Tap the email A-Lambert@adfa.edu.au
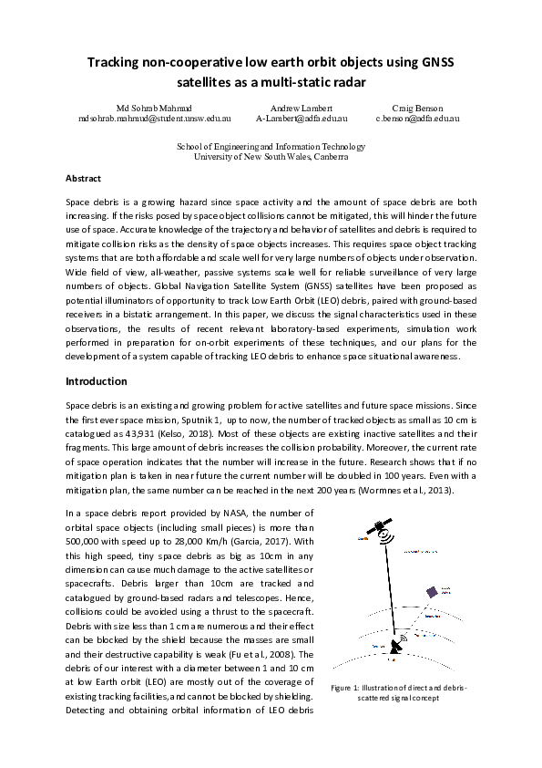click(x=302, y=119)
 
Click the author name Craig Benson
click(x=417, y=108)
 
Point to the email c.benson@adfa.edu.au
click(x=417, y=119)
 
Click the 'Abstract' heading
click(x=83, y=178)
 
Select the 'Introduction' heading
click(x=97, y=381)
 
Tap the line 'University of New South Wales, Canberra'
click(x=271, y=156)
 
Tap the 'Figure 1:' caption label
click(x=351, y=687)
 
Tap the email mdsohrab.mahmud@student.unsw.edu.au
click(x=154, y=119)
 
